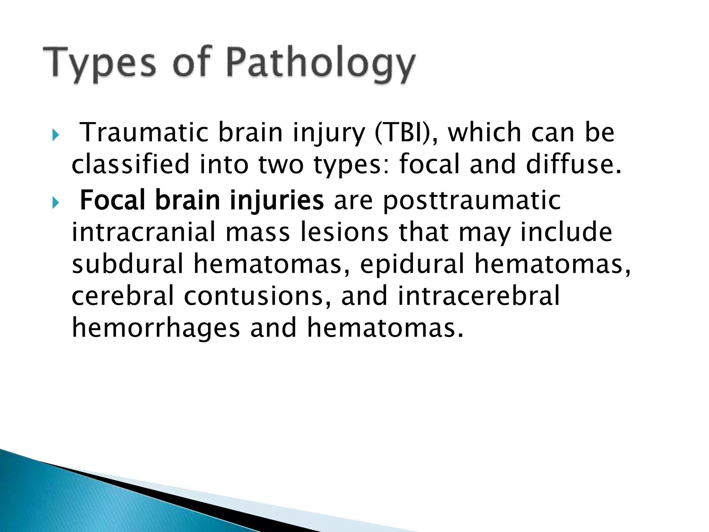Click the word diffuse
click(x=573, y=164)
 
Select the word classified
click(x=131, y=164)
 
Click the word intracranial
click(x=144, y=232)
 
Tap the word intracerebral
click(x=478, y=296)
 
